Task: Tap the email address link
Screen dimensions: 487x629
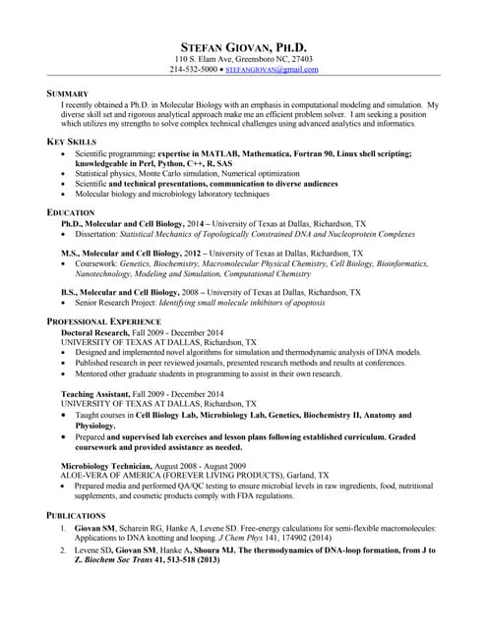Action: [272, 71]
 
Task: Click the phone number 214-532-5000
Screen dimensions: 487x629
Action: [192, 71]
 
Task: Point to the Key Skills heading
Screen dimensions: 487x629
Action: [72, 143]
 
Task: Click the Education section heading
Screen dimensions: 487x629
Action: [71, 212]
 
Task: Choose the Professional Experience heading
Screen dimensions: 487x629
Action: [103, 322]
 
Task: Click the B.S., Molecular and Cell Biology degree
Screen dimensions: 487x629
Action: [119, 293]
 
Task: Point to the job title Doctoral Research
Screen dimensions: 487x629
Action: [93, 333]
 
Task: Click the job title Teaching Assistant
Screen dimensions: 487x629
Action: [94, 393]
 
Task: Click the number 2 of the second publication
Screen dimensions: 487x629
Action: [65, 551]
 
